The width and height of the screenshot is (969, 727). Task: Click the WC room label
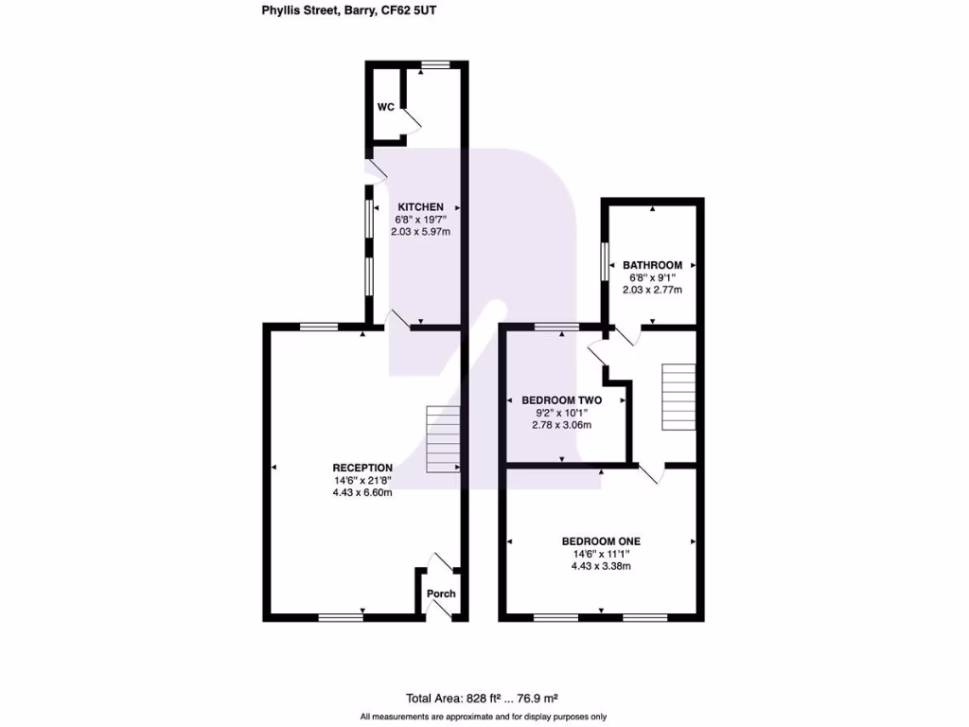[385, 107]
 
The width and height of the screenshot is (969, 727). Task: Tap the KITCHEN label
[420, 207]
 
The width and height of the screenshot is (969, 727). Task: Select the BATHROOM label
[652, 265]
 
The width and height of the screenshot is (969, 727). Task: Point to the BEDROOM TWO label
[561, 400]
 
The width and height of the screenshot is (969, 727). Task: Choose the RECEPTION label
[362, 468]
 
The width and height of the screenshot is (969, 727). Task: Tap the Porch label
[441, 594]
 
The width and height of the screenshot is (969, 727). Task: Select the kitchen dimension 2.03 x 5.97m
[420, 232]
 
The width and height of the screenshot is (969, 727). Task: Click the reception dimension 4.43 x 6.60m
[362, 492]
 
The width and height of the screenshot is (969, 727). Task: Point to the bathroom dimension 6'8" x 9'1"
[652, 277]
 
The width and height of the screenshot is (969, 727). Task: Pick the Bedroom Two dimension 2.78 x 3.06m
[561, 425]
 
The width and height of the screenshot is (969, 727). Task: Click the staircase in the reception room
[443, 440]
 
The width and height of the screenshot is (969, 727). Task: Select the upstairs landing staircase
[678, 397]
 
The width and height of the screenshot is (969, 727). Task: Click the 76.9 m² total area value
[536, 699]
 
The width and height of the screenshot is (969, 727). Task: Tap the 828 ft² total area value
[483, 699]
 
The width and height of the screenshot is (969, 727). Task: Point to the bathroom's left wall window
[604, 261]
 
